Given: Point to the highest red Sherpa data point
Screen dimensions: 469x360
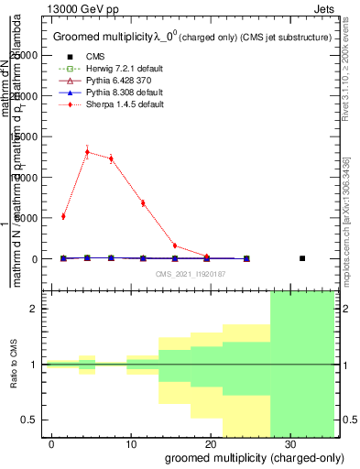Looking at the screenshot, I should [87, 152].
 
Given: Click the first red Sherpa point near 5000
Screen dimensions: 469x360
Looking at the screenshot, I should [63, 216].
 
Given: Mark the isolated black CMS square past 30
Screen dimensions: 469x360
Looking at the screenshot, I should [302, 258].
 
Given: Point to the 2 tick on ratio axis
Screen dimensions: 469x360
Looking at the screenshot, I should [35, 309].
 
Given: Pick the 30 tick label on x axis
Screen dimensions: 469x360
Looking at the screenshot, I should [289, 443].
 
